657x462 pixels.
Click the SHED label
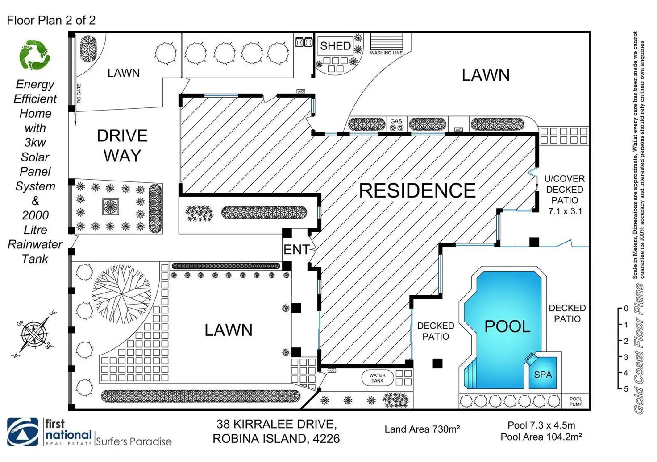coord(335,46)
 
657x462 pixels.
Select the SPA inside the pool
coord(543,375)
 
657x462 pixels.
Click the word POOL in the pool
coord(507,327)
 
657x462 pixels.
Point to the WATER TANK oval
coord(377,378)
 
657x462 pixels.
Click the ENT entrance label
coord(296,250)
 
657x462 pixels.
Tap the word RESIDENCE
coord(417,191)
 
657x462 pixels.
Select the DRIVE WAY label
coord(122,146)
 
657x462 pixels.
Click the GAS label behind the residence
coord(396,121)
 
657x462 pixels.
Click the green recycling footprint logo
coord(34,55)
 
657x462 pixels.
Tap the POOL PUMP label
coord(576,402)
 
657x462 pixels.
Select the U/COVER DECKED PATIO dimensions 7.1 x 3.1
coord(565,211)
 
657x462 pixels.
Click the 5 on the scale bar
coord(626,389)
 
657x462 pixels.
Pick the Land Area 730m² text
coord(422,429)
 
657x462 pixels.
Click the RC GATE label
coord(79,94)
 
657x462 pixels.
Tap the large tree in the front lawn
coord(121,294)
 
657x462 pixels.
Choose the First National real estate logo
coord(49,432)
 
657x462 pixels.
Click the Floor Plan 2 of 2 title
coord(51,20)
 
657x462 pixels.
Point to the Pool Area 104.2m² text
coord(541,437)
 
